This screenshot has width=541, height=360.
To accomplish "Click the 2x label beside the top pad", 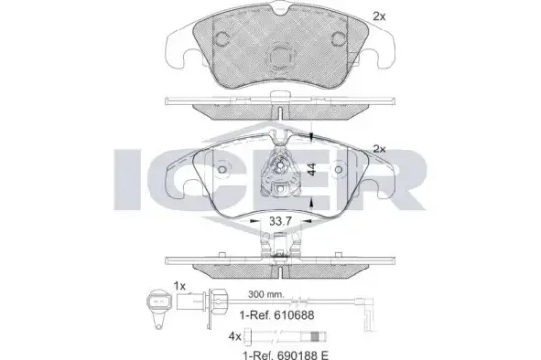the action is [379, 16].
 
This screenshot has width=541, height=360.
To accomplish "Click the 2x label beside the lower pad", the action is [379, 149].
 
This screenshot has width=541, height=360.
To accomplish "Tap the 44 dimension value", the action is [312, 169].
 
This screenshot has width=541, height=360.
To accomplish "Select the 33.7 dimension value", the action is [280, 221].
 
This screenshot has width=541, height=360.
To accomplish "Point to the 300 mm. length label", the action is [267, 294].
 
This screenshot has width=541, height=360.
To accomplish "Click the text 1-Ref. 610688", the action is [276, 315].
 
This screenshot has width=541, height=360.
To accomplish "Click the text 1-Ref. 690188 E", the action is [285, 355].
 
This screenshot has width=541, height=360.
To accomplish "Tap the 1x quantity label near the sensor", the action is [179, 286].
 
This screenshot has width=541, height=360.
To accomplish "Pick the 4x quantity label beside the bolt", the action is [235, 336].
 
